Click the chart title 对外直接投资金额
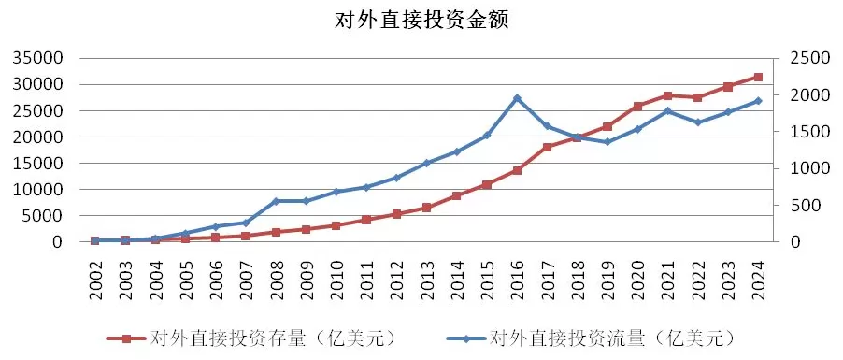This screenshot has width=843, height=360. [x=421, y=20]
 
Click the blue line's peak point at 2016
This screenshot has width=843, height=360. [x=517, y=98]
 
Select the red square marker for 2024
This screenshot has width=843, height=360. [x=758, y=77]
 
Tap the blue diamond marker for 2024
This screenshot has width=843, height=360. [x=758, y=101]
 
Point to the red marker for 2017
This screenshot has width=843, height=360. [x=547, y=147]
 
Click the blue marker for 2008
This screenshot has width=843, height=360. [x=276, y=201]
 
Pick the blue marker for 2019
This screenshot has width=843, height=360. [x=607, y=141]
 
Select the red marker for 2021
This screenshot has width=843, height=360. [x=667, y=95]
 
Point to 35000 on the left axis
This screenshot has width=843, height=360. [x=36, y=58]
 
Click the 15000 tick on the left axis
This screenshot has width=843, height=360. [x=36, y=163]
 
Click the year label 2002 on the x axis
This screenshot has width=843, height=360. [x=95, y=277]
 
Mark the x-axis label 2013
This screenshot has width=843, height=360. [x=426, y=277]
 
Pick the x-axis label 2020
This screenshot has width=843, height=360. [x=637, y=277]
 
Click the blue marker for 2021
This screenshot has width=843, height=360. [x=667, y=111]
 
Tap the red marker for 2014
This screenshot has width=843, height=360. [x=456, y=195]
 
